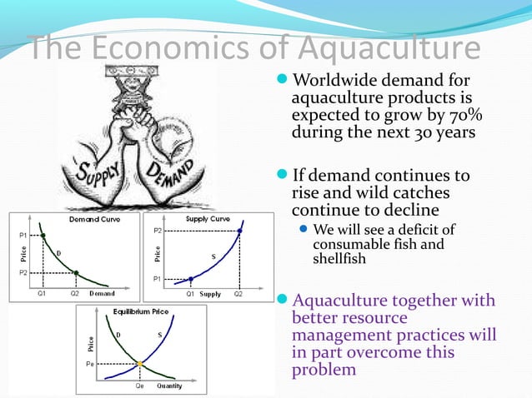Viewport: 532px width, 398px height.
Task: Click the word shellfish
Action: [x=340, y=259]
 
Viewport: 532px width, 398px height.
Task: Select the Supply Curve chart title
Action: [x=208, y=219]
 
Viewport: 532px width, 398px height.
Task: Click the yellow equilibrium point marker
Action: [x=141, y=364]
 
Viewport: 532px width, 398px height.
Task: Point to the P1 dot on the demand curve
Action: [x=43, y=236]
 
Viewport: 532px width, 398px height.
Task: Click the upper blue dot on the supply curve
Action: [x=240, y=230]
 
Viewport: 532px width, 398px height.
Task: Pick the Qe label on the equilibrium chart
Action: [x=140, y=386]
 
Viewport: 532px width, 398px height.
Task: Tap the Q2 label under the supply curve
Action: [x=238, y=294]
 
